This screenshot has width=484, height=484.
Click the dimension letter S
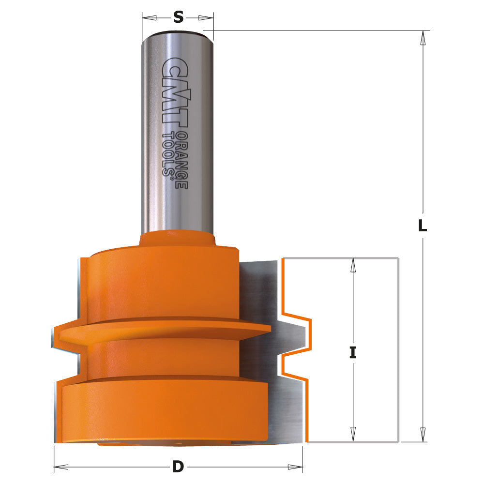(x=178, y=17)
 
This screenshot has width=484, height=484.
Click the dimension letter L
(x=423, y=226)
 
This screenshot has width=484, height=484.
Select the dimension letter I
(x=353, y=353)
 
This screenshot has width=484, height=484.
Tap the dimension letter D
(x=178, y=467)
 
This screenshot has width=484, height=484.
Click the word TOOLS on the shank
(x=169, y=155)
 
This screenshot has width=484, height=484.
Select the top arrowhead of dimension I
(x=353, y=265)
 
